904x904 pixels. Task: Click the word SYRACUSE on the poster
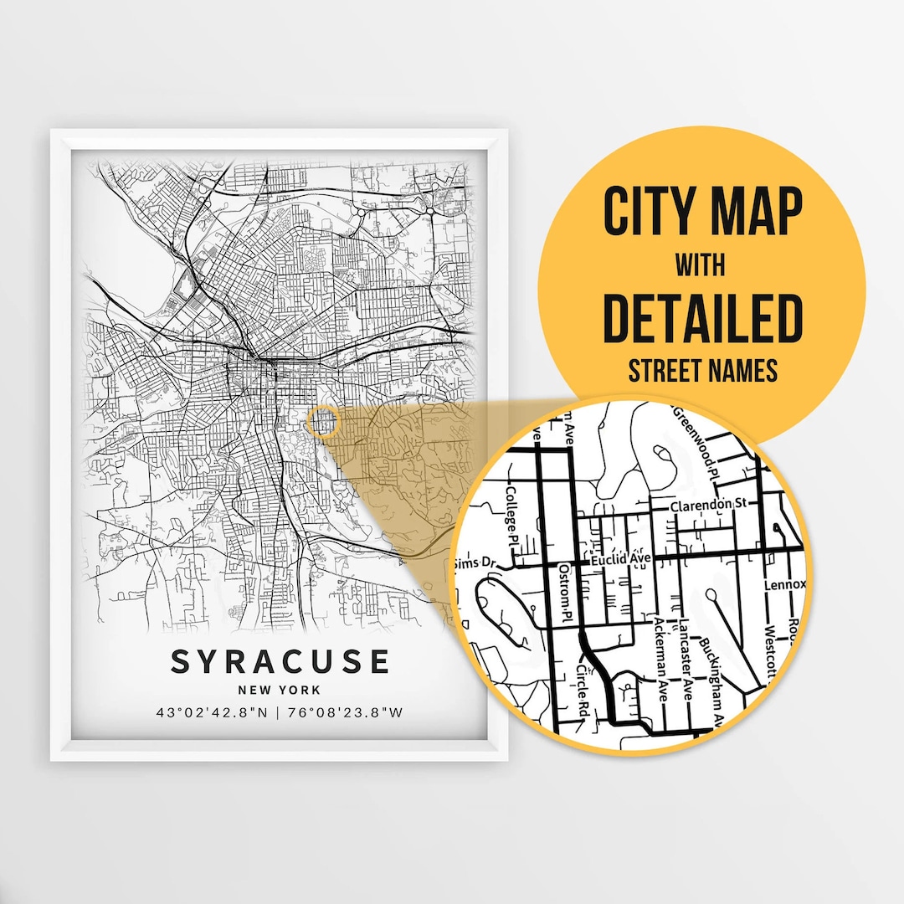click(280, 661)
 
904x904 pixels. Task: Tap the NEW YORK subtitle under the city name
click(280, 691)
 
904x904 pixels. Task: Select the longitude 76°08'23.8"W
click(345, 714)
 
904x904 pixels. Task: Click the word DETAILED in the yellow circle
click(702, 319)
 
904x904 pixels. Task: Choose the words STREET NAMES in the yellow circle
click(702, 370)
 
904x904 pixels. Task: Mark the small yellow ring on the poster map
click(321, 421)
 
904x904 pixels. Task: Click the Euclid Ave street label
click(620, 558)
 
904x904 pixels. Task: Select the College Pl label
click(512, 512)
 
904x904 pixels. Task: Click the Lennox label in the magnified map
click(784, 584)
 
